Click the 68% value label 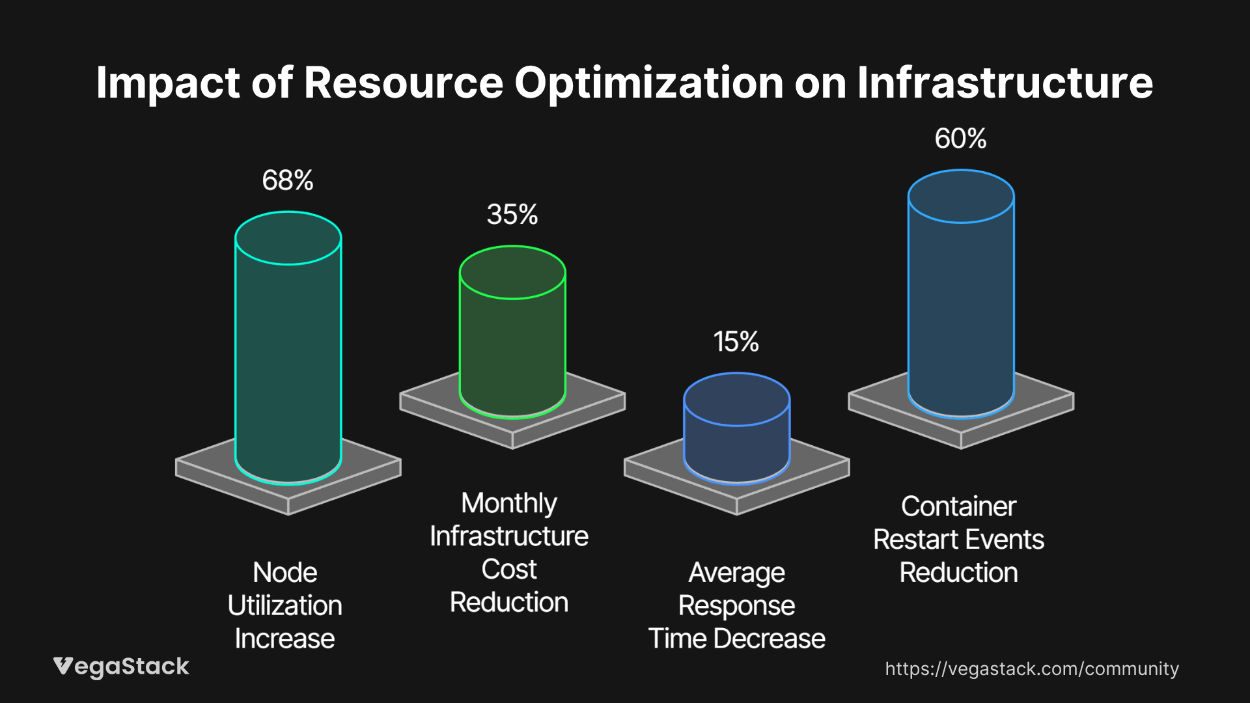coord(288,180)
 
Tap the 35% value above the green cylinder coord(512,215)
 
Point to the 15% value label coord(736,342)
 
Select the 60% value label coord(960,139)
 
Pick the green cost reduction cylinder coord(512,345)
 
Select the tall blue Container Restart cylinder coord(961,306)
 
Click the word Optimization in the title coord(648,83)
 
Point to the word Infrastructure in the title coord(1005,83)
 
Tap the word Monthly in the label coord(509,503)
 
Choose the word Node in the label coord(285,573)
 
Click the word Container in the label coord(958,506)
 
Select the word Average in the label coord(736,573)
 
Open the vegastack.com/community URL coord(1032,669)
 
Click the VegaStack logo coord(121,667)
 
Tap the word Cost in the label coord(509,570)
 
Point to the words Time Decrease coord(736,639)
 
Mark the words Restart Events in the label coord(958,540)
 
